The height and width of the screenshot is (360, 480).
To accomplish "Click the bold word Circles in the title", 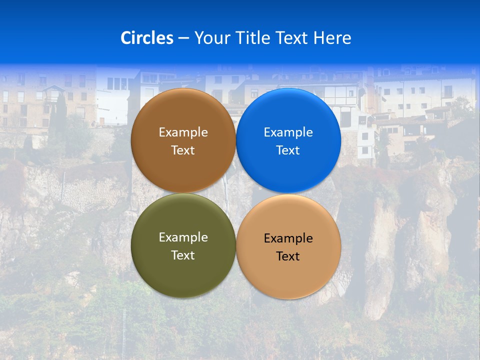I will point(146,38).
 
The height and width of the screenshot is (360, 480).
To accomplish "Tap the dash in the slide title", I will point(183,38).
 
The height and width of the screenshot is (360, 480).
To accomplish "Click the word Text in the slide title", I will point(292,38).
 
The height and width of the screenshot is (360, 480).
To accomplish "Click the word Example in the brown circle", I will point(183,132).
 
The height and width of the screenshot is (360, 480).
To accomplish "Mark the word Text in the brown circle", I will point(183,150).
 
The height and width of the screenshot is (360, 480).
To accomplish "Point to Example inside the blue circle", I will point(288,132).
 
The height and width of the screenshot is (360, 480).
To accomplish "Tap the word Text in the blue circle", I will point(288,150).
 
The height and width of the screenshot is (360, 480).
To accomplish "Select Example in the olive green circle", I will point(183,237).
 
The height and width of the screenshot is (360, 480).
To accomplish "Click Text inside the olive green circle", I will point(183,255).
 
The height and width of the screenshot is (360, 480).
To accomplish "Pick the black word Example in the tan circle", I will point(288,238).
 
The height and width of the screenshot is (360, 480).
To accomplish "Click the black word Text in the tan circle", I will point(288,256).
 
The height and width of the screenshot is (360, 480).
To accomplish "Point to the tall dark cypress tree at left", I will point(60,115).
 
